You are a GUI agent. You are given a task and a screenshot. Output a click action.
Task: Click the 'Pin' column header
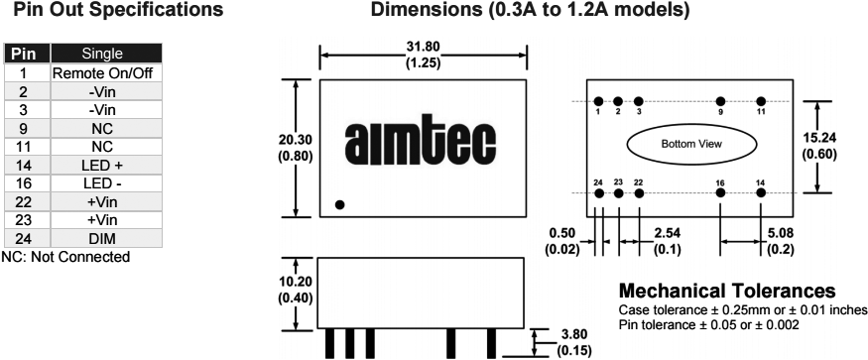click(27, 54)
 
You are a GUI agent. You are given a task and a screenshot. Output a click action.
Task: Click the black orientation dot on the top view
click(340, 204)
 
